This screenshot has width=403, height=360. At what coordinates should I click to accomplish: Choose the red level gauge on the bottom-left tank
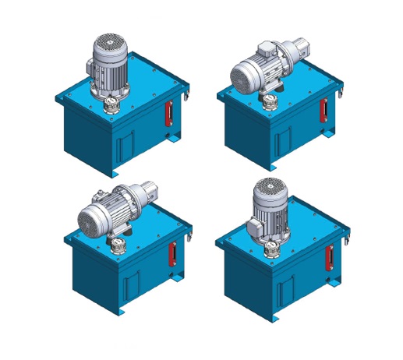(171, 255)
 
